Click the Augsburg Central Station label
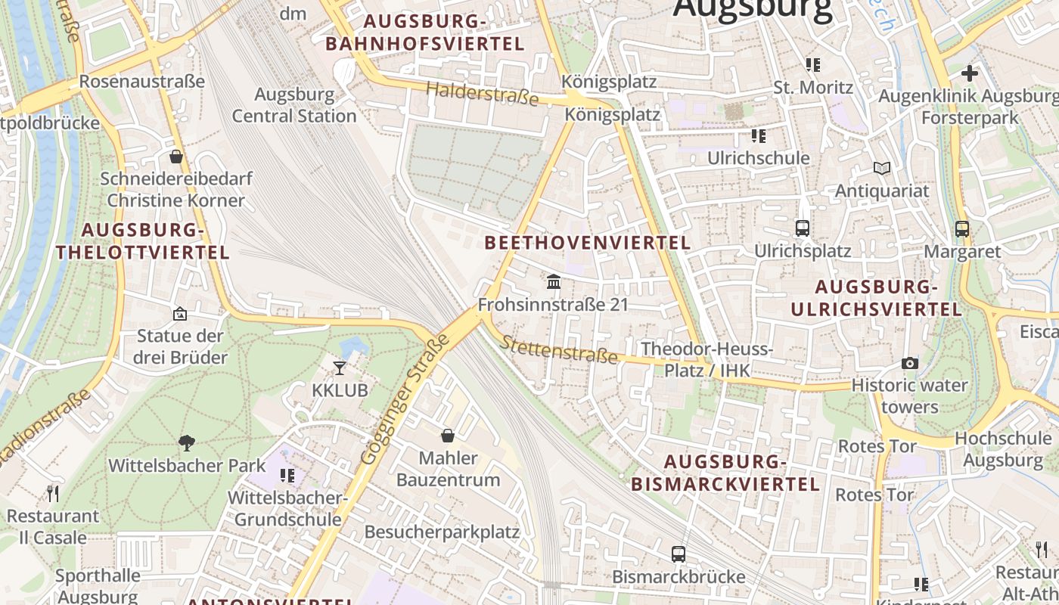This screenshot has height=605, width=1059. coord(293,105)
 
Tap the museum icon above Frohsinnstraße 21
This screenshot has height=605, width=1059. coord(554,282)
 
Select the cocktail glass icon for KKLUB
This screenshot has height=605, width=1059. coord(340,368)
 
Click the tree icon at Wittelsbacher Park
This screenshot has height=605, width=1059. coord(187,443)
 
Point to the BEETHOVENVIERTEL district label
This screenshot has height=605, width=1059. coord(588,243)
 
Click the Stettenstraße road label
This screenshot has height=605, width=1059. coord(559,350)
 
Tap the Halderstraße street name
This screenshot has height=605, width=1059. coord(483,94)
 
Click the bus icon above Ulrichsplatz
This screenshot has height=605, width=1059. coord(803,228)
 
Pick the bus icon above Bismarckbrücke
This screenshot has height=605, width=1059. coord(679,554)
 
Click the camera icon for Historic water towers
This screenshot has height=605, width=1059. coord(910,364)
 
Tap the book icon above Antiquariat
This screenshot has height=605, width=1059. coord(882,168)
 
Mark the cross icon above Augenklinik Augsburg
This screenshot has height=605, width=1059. coord(970,73)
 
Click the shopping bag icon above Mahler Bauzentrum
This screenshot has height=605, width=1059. coord(448,436)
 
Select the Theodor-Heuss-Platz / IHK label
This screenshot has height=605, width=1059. coord(707,359)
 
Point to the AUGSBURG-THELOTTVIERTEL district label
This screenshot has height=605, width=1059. coord(142,241)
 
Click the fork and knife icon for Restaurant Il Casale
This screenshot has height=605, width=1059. coord(53,494)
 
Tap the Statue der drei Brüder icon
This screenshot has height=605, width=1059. coord(180,313)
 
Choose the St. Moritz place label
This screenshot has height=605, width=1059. coord(813,88)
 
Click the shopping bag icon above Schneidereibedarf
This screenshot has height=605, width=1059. coord(176,157)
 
